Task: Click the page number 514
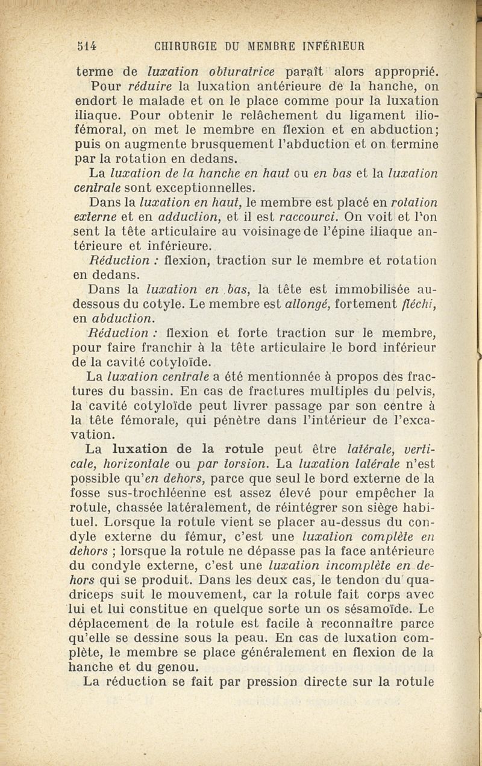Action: tap(88, 45)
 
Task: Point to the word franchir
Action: tap(196, 348)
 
